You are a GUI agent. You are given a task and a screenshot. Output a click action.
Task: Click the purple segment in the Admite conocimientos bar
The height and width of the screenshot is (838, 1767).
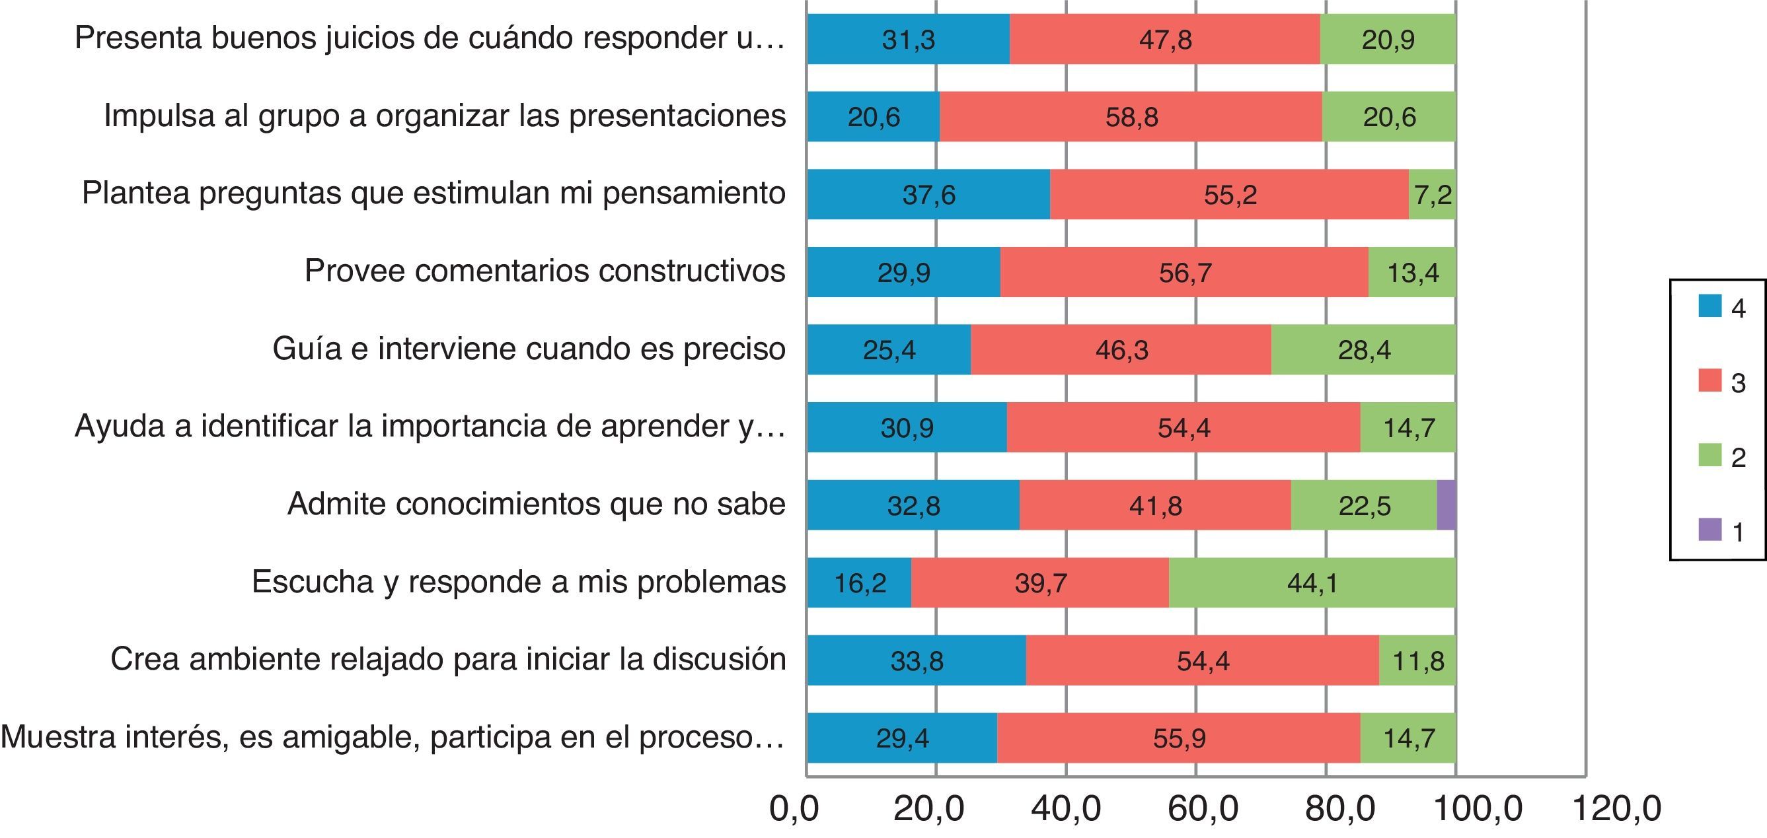[x=1446, y=505]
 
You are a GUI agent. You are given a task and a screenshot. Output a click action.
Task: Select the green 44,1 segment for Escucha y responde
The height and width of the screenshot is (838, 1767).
[x=1312, y=583]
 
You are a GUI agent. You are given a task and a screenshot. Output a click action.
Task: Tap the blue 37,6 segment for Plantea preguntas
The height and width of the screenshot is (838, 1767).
[x=928, y=195]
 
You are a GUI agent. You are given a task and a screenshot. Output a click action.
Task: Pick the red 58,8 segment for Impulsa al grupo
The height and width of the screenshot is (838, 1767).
[x=1131, y=118]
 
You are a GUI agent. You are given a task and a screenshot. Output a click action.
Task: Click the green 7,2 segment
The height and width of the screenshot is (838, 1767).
[x=1432, y=195]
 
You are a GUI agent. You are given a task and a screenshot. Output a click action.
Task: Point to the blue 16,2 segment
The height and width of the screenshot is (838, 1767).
[x=860, y=583]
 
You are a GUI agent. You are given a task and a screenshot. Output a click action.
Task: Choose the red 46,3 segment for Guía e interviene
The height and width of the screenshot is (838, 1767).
[x=1121, y=351]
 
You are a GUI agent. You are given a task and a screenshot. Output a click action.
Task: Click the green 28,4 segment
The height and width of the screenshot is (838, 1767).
[x=1364, y=351]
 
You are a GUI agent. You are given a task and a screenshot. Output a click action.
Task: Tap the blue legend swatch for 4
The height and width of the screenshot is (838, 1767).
[x=1710, y=306]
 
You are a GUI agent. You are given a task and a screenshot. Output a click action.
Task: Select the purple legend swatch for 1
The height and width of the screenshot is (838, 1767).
[x=1710, y=530]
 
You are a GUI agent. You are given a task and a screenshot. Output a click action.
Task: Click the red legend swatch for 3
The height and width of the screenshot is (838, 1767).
[x=1710, y=380]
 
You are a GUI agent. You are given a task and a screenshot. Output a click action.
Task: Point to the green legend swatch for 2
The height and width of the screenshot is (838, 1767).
[x=1710, y=456]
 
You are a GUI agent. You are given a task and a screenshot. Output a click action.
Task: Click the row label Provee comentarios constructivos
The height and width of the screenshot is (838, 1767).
[x=545, y=271]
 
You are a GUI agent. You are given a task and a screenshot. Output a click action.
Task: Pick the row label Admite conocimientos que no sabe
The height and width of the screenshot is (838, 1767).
[x=536, y=504]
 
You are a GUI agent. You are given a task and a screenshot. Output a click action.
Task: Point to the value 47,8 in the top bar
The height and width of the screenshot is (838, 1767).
[x=1166, y=40]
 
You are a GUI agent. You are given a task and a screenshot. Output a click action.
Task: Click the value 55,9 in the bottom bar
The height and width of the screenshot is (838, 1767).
[x=1179, y=738]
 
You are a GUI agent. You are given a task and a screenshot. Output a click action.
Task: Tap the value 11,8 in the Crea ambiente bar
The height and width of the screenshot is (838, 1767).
[x=1418, y=661]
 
